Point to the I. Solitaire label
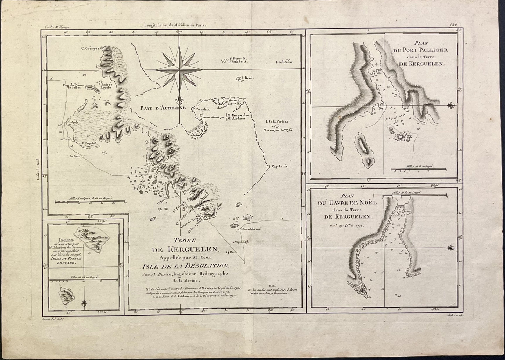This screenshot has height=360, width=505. tap(284, 63)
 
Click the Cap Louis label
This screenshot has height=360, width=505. tap(279, 167)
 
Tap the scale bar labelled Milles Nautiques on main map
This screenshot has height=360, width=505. tap(90, 201)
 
